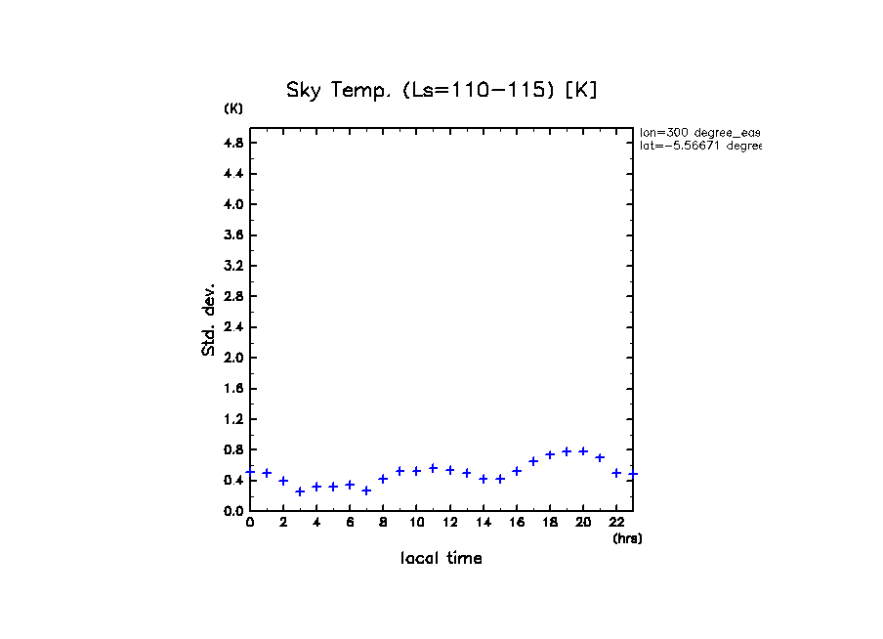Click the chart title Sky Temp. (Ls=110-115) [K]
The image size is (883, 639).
point(441,90)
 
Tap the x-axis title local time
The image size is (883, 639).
point(441,559)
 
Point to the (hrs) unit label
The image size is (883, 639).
point(627,538)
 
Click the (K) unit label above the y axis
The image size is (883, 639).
point(233,108)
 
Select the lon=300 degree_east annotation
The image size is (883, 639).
point(699,132)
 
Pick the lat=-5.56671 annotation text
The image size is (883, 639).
point(699,146)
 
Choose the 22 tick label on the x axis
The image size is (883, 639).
point(616,523)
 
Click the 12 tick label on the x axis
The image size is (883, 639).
point(450,523)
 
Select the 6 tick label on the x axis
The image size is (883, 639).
point(350,523)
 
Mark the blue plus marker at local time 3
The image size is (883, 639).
point(300,491)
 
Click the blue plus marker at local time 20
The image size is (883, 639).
point(583,451)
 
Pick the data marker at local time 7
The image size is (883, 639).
point(366,490)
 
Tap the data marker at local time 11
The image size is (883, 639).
point(433,468)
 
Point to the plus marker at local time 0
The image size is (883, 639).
point(250,471)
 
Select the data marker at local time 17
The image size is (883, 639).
point(533,460)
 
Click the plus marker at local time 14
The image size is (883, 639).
point(484,479)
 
